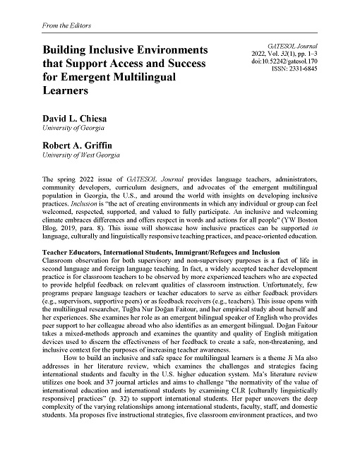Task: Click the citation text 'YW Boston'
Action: click(297, 213)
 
